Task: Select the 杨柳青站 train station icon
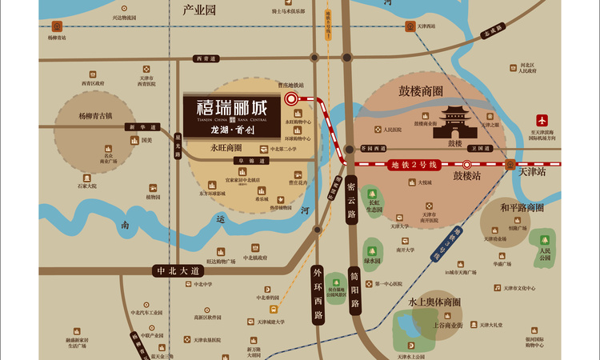click(57, 26)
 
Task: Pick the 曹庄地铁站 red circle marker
click(291, 99)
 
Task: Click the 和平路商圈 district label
click(522, 207)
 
